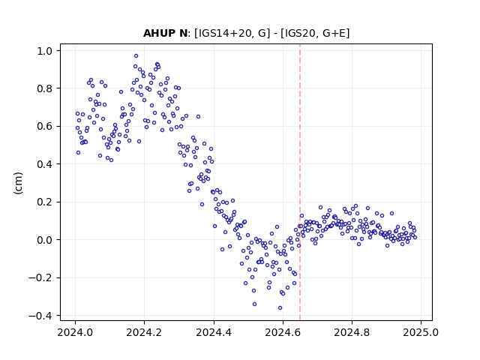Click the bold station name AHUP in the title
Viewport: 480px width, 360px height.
tap(159, 33)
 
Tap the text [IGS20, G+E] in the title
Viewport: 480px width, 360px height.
tap(315, 33)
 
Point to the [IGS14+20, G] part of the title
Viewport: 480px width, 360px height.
tap(232, 33)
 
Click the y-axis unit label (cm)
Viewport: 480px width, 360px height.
tap(18, 183)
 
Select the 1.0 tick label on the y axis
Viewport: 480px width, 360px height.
tap(44, 51)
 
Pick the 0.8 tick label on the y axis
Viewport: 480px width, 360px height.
tap(44, 88)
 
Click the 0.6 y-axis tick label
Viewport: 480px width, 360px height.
tap(44, 127)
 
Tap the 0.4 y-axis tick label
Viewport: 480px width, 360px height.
tap(44, 164)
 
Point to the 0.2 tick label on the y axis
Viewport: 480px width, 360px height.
tap(44, 202)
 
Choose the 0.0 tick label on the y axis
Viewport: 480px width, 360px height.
tap(44, 240)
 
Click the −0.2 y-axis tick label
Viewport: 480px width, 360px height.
tap(40, 278)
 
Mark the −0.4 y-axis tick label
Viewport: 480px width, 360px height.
tap(40, 316)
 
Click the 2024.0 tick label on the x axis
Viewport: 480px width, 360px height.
tap(75, 332)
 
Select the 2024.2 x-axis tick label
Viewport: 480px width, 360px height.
tap(144, 332)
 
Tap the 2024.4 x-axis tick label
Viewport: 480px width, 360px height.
tap(214, 332)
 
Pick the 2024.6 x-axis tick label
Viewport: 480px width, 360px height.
tap(283, 332)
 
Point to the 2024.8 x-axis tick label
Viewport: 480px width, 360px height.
tap(352, 332)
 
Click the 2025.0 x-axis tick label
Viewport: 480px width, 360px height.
tap(421, 332)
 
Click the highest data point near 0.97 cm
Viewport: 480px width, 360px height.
tap(136, 56)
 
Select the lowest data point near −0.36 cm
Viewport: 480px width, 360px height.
tap(280, 308)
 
